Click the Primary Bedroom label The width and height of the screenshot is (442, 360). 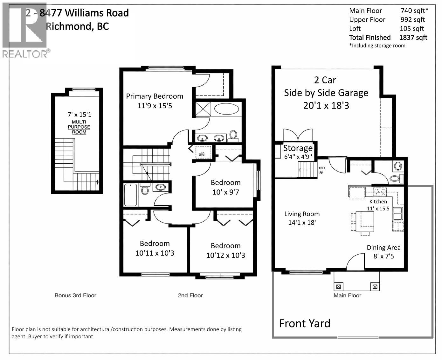pyautogui.click(x=155, y=96)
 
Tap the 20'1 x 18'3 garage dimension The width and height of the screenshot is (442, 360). pyautogui.click(x=326, y=105)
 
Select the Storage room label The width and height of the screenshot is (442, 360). pyautogui.click(x=298, y=148)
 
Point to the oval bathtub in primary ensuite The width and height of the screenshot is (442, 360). pyautogui.click(x=226, y=109)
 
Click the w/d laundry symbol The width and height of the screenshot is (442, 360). pyautogui.click(x=201, y=154)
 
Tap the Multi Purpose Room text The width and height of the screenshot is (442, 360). pyautogui.click(x=79, y=127)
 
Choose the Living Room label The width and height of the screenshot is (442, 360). pyautogui.click(x=302, y=214)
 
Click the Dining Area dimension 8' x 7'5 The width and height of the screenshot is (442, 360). pyautogui.click(x=383, y=256)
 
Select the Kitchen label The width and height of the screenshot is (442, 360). pyautogui.click(x=378, y=201)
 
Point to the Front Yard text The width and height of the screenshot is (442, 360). pyautogui.click(x=304, y=323)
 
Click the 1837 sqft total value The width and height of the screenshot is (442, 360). pyautogui.click(x=413, y=38)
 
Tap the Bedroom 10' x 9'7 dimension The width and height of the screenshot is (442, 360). pyautogui.click(x=225, y=192)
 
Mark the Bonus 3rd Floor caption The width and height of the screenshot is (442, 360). pyautogui.click(x=75, y=295)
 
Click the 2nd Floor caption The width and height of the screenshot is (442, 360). pyautogui.click(x=190, y=295)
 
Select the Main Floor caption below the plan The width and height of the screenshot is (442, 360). pyautogui.click(x=347, y=295)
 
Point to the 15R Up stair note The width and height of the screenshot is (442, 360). pyautogui.click(x=321, y=170)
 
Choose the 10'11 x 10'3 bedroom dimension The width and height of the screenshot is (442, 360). pyautogui.click(x=155, y=253)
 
